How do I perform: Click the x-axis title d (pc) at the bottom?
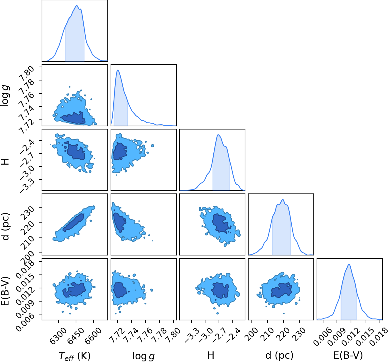[x=279, y=355]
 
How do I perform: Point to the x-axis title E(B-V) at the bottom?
[x=348, y=355]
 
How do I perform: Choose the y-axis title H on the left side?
[x=6, y=162]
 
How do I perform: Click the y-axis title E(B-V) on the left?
[x=6, y=291]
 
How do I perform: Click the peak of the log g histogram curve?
[x=118, y=70]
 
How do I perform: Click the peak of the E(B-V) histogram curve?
[x=349, y=264]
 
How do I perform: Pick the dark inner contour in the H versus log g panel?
[x=120, y=151]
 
